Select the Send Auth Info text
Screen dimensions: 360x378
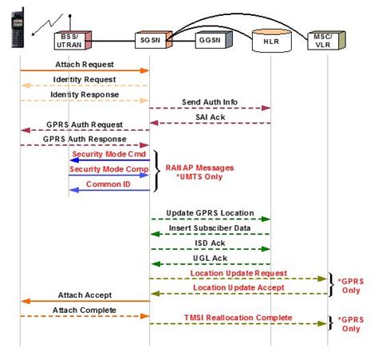[x=211, y=104]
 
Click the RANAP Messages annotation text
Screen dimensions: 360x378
[x=199, y=168]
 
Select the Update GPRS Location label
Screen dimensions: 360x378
[x=211, y=214]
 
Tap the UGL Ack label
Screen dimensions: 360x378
[x=211, y=258]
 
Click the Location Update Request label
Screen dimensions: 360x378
[x=238, y=273]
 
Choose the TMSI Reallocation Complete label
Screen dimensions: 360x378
[x=238, y=317]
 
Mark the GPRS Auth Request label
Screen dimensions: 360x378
[x=85, y=125]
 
